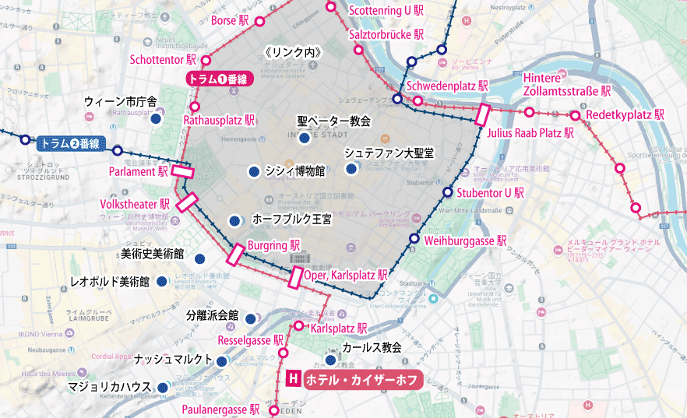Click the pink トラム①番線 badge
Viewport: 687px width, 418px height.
point(219,79)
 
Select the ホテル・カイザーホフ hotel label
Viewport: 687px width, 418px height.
point(354,380)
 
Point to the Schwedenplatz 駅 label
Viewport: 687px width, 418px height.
point(447,86)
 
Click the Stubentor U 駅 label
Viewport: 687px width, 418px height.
point(491,191)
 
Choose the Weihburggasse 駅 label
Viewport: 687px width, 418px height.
point(466,241)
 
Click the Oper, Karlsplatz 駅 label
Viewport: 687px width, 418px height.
point(345,275)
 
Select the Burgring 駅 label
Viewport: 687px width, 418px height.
point(273,244)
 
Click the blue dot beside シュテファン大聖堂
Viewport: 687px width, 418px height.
point(351,168)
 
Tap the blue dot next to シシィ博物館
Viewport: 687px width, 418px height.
point(253,171)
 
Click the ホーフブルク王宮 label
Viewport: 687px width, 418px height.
point(292,220)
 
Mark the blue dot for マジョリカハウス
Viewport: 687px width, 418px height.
point(163,387)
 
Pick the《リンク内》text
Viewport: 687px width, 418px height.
point(294,53)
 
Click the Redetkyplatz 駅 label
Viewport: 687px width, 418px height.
point(625,114)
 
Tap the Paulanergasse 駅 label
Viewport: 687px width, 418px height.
point(220,409)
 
